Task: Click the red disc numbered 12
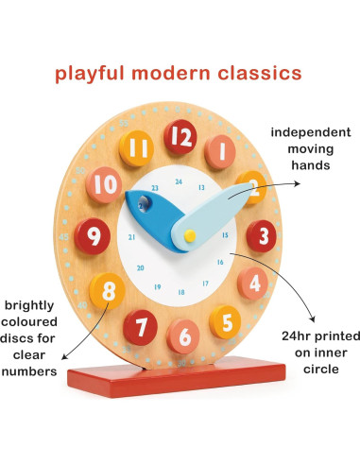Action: (181, 138)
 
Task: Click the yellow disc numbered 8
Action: (109, 287)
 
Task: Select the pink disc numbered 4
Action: (253, 282)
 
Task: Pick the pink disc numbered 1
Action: (220, 150)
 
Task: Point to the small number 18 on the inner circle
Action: (181, 291)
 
